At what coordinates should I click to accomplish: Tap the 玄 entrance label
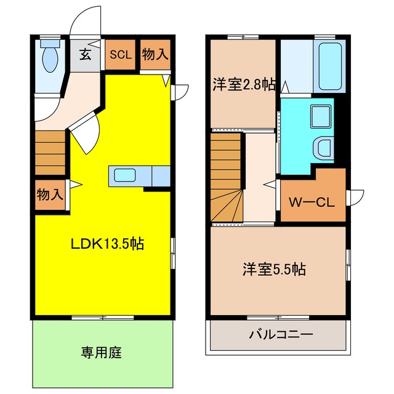[x=85, y=55]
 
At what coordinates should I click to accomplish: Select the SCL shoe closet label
[x=121, y=55]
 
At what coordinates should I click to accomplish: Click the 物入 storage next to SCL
[x=155, y=55]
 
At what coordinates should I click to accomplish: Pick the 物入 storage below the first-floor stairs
[x=50, y=195]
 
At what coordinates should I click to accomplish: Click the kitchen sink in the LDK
[x=125, y=175]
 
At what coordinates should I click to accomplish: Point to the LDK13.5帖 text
[x=108, y=244]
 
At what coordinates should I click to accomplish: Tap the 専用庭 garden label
[x=101, y=352]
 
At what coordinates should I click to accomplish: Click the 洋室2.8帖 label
[x=244, y=84]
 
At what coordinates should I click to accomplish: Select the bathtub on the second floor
[x=330, y=66]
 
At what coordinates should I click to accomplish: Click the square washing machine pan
[x=321, y=116]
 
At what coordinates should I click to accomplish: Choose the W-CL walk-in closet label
[x=312, y=202]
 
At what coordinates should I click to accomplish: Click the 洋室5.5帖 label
[x=274, y=270]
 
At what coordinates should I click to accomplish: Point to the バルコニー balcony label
[x=281, y=335]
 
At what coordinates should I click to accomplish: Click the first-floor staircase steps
[x=50, y=153]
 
